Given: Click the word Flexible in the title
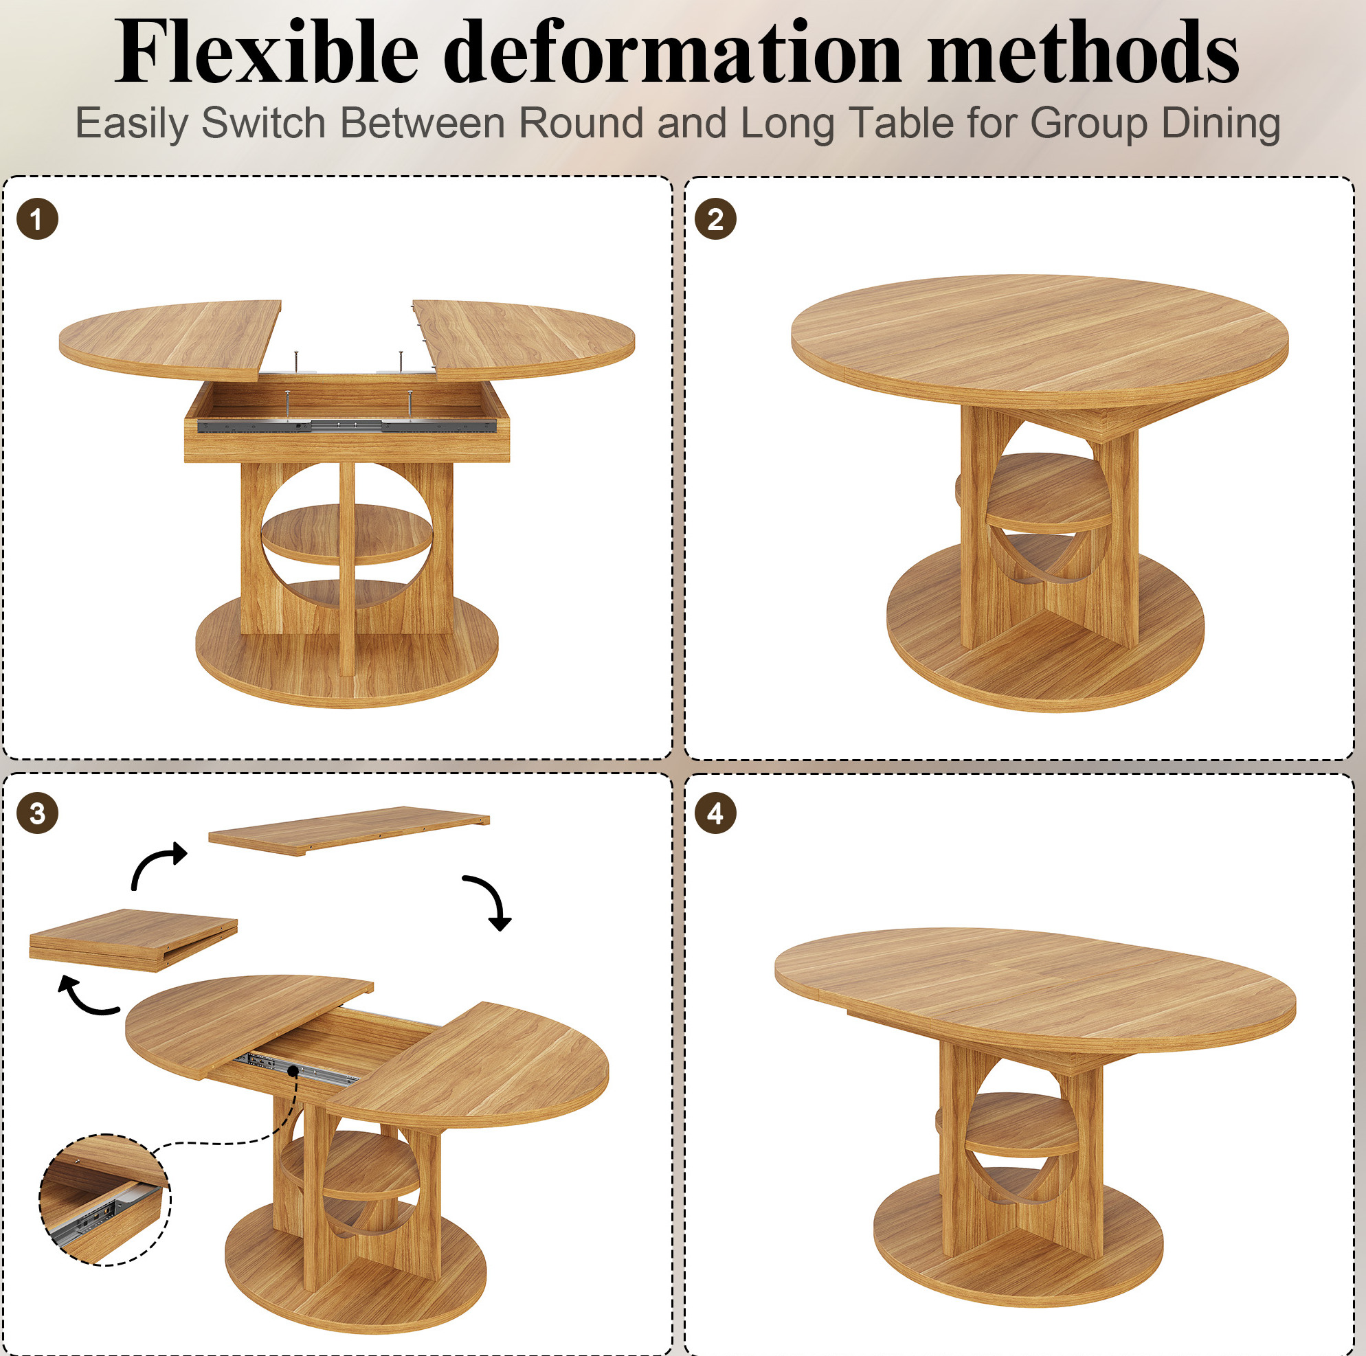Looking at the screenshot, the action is [267, 52].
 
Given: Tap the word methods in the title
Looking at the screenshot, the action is [1083, 52].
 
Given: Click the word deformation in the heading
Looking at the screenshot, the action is [673, 52].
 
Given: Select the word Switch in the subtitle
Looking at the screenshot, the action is [263, 123].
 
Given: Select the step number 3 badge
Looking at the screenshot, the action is [38, 813].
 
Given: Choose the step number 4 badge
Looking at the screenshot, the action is [715, 813].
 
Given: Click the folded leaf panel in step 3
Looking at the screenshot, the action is [133, 940].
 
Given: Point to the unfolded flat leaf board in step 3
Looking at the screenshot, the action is [348, 830].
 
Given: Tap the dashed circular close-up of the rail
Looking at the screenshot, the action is [104, 1200].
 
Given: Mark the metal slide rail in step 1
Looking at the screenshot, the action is [346, 426].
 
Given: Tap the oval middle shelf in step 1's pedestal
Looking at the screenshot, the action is [346, 534].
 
